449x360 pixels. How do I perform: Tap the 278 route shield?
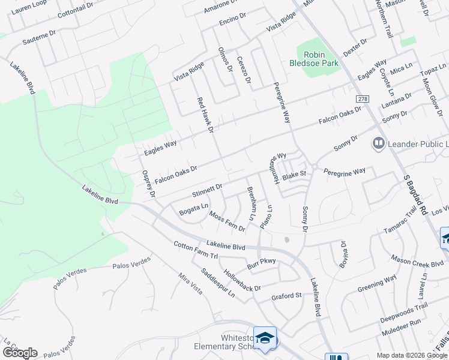point(362,98)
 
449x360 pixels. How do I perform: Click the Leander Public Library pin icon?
point(378,143)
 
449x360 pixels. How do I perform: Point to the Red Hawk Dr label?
point(206,115)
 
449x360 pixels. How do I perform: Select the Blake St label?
point(295,174)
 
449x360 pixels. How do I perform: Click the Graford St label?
point(286,296)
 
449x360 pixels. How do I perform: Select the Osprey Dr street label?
point(148,183)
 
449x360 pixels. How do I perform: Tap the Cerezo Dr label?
point(243,71)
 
